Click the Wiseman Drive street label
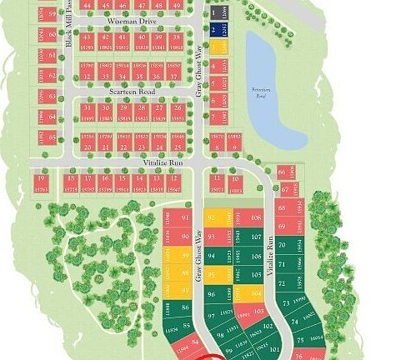tap(127, 22)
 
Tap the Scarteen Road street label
tap(133, 90)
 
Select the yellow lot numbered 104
tap(255, 293)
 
